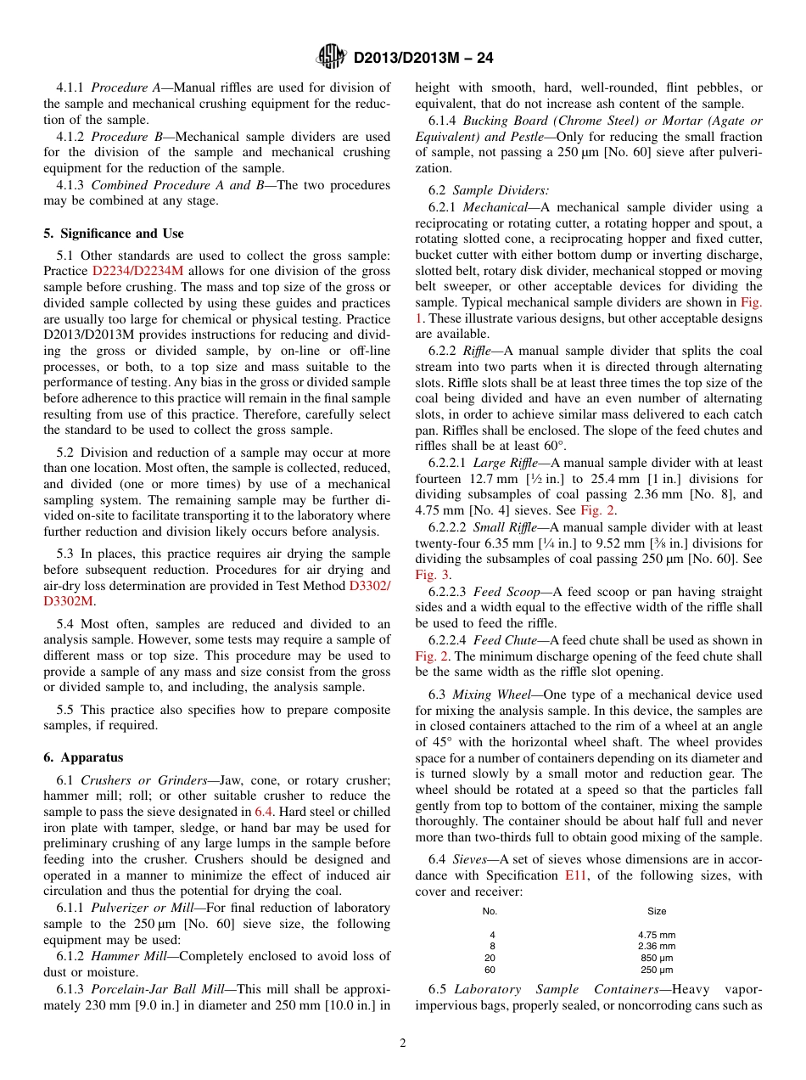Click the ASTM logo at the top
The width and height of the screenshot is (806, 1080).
click(331, 57)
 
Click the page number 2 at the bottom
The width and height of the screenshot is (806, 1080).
click(403, 1043)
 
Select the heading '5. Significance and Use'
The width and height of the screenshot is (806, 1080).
click(113, 233)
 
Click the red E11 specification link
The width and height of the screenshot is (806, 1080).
click(574, 875)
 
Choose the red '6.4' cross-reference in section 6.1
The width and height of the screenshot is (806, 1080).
click(264, 813)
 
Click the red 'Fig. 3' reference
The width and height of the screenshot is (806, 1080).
click(432, 575)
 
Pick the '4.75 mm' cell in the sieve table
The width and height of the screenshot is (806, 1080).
click(657, 935)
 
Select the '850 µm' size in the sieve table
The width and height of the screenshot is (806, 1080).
click(657, 958)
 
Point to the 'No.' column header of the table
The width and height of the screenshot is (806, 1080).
click(490, 912)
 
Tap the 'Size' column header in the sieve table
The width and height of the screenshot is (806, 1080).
click(657, 912)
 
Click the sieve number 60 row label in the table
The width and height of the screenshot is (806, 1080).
click(490, 970)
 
